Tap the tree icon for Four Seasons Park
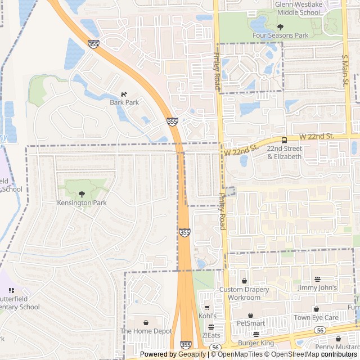pos(280,26)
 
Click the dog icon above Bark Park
pos(124,94)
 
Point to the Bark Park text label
pos(124,103)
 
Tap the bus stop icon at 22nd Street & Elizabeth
pos(284,139)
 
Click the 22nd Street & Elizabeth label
pos(284,152)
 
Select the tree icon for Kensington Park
pos(82,194)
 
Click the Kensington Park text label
pos(82,202)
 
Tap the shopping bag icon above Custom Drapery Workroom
pos(244,281)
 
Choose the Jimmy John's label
pos(318,288)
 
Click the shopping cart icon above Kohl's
pos(207,308)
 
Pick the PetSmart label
pos(250,323)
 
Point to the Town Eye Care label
pos(316,318)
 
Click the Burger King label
pos(255,343)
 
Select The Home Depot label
pos(146,331)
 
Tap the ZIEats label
pos(211,335)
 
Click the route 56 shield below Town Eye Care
pos(320,330)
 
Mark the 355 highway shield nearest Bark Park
pos(173,121)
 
